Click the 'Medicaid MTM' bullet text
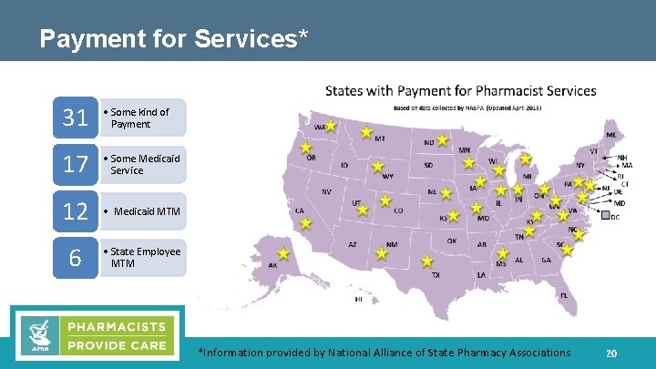(x=147, y=211)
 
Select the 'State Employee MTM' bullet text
(x=145, y=258)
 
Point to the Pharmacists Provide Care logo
(x=98, y=333)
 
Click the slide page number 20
(x=611, y=354)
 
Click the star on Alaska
(x=283, y=253)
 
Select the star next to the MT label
(x=366, y=132)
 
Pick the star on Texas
(x=426, y=260)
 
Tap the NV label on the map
(x=326, y=192)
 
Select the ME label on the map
(x=610, y=135)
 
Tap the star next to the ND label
(x=442, y=140)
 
